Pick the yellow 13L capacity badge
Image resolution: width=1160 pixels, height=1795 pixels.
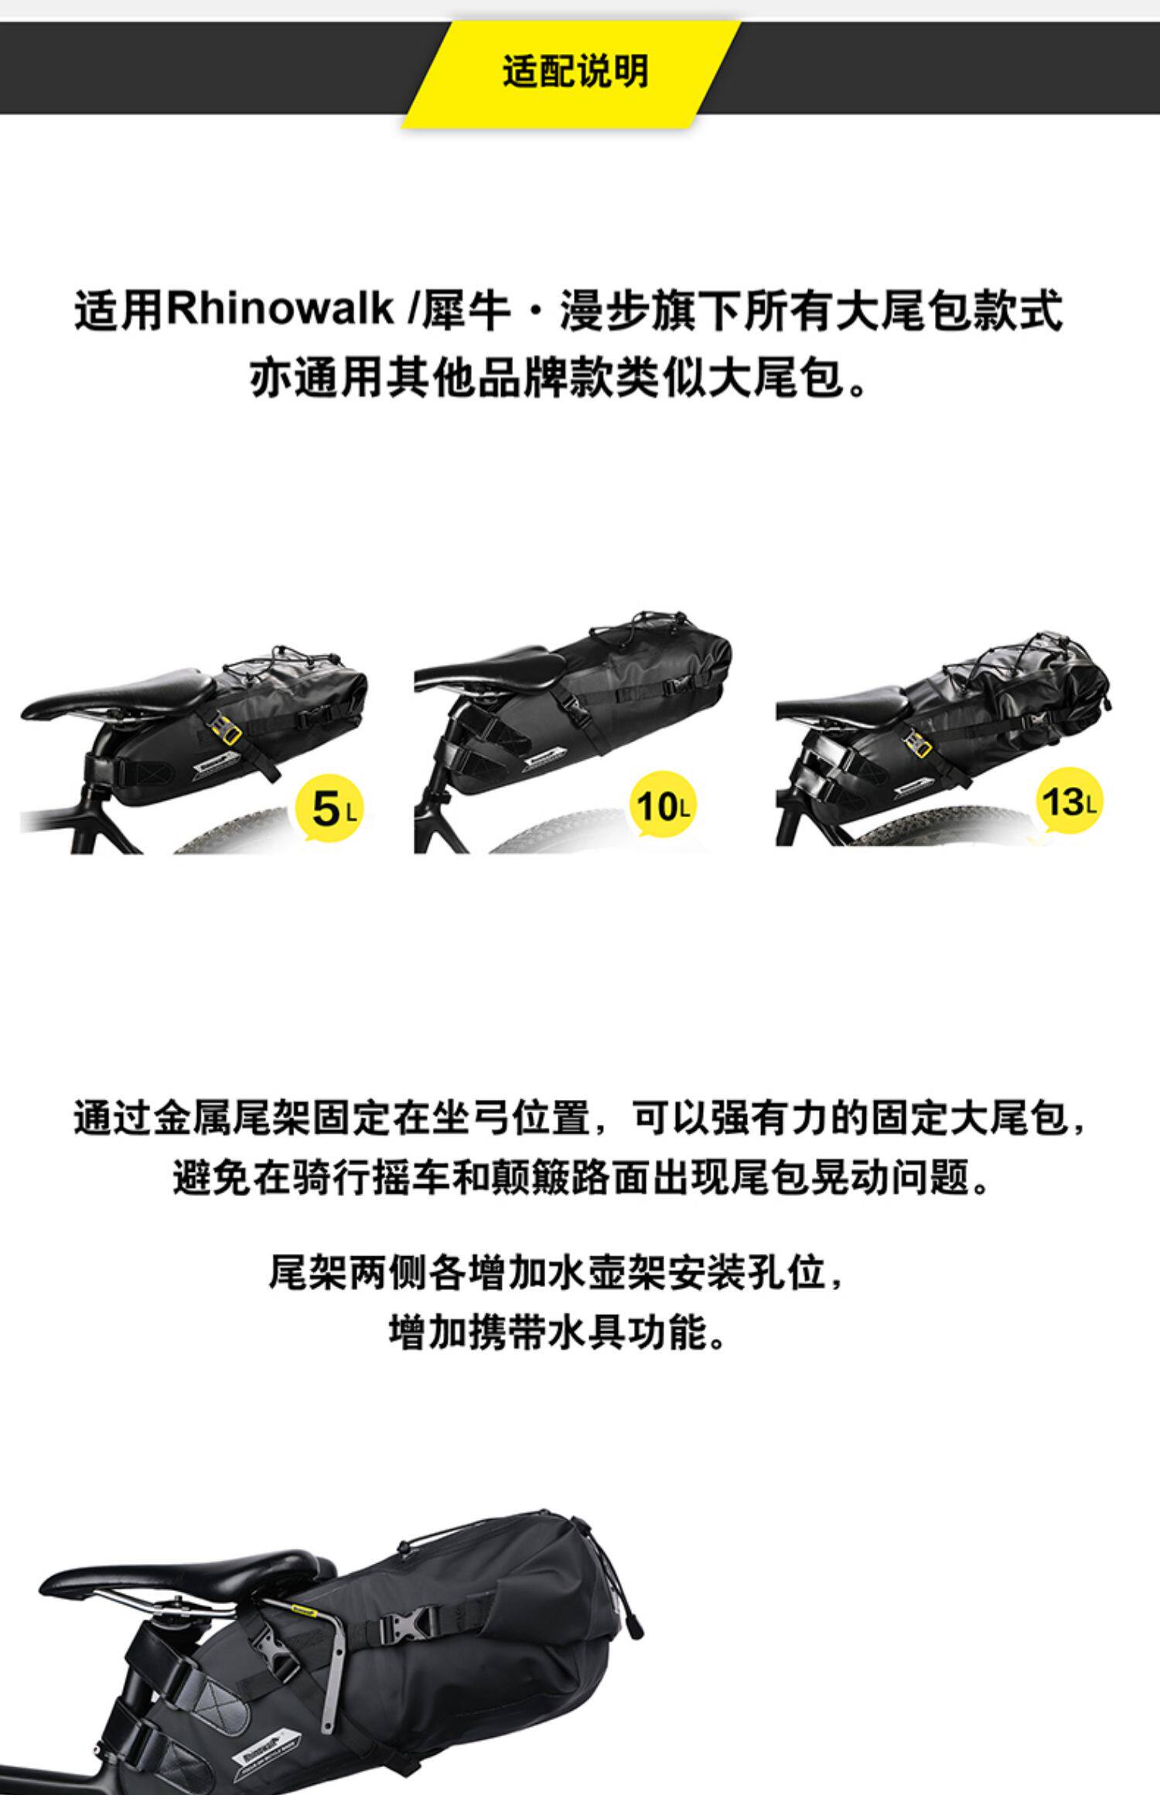1068,801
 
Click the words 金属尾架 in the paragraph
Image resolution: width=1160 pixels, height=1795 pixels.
234,1117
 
